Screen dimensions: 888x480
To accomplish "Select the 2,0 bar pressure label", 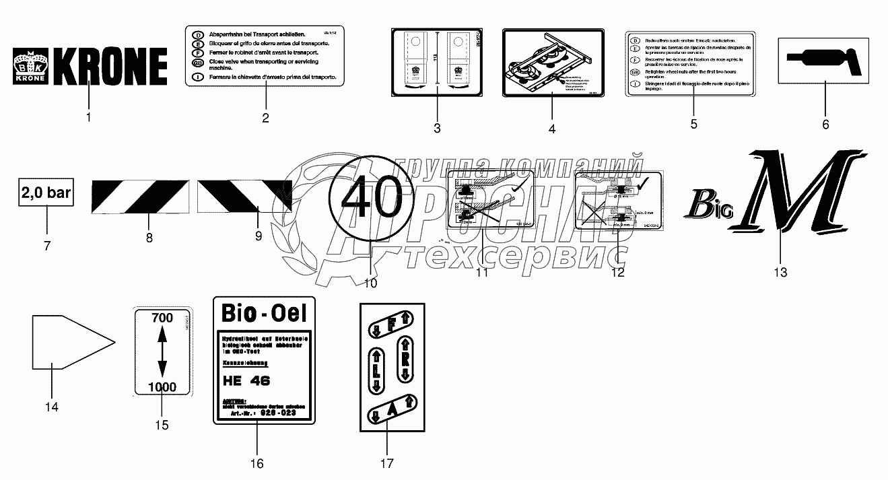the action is (46, 194).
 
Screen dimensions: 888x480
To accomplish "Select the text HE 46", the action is (246, 380).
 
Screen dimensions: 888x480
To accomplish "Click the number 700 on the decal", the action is (162, 317).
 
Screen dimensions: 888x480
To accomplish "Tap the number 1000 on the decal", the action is (162, 387).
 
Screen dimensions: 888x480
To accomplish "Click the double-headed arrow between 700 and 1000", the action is (162, 352).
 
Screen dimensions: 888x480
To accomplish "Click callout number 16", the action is (257, 463).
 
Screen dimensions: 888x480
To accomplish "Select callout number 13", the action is (780, 272).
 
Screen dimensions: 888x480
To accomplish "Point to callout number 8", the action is (149, 238).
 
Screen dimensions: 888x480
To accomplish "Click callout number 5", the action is (694, 124).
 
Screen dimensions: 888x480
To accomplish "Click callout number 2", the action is (265, 118).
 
